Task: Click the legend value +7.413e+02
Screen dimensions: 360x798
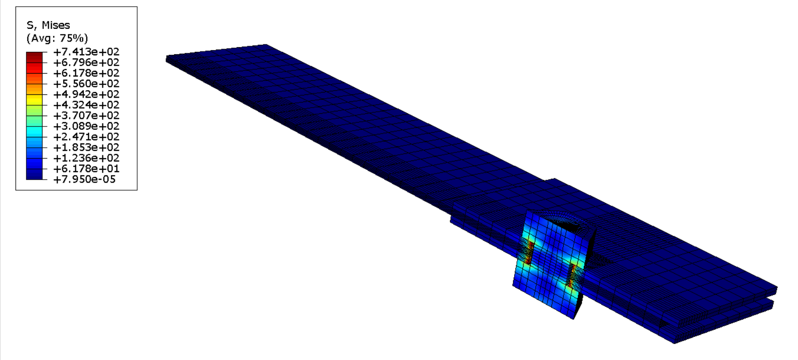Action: [x=86, y=52]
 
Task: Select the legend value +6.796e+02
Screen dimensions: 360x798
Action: [x=86, y=63]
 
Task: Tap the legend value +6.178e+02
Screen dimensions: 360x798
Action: [x=86, y=73]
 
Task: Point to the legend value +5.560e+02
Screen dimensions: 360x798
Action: [x=86, y=84]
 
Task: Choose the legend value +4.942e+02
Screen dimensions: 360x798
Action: [x=86, y=94]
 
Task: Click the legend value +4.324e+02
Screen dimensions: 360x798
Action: [x=86, y=105]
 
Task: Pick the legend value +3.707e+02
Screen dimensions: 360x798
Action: [x=86, y=116]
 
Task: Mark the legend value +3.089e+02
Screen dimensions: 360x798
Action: [x=86, y=126]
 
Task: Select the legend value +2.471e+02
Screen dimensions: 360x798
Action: [x=86, y=137]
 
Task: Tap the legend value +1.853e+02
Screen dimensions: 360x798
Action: [x=86, y=148]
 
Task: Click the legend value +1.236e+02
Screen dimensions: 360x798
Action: [x=86, y=158]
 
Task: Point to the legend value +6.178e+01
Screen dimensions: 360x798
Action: [x=86, y=169]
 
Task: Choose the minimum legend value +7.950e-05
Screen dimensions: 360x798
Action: [x=85, y=179]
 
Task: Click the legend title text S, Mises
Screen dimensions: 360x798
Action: [x=48, y=25]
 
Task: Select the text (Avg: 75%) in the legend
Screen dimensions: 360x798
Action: [x=57, y=38]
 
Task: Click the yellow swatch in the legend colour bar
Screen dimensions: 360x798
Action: [x=34, y=100]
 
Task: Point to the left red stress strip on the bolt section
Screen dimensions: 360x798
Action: [x=530, y=252]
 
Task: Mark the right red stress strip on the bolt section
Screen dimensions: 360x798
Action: [x=572, y=276]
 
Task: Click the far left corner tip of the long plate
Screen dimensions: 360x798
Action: [x=167, y=59]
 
